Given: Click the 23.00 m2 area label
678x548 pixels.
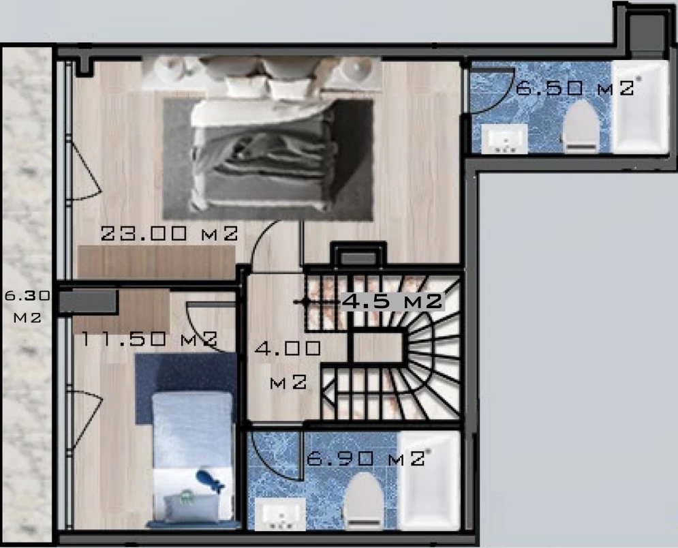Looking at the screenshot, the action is [x=169, y=234].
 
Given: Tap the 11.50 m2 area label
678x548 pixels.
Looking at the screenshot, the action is [x=149, y=339].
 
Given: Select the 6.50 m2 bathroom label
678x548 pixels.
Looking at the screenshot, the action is [x=576, y=88].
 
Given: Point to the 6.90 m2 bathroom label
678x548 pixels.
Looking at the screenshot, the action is [x=366, y=457].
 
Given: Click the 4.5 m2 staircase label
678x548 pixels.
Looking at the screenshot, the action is [x=392, y=301].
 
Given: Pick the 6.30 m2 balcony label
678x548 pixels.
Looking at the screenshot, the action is [x=27, y=307].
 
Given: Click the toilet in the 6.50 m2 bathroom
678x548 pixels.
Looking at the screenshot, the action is [x=582, y=127].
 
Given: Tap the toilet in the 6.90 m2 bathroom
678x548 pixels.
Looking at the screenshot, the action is [x=363, y=500].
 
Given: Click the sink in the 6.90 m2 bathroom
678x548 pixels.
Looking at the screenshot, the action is [x=280, y=514].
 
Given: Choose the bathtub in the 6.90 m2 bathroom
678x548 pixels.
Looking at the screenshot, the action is [x=429, y=480].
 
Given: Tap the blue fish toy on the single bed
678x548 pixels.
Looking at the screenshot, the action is [x=211, y=480].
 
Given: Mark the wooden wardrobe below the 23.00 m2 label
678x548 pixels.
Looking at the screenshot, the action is [x=157, y=262].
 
